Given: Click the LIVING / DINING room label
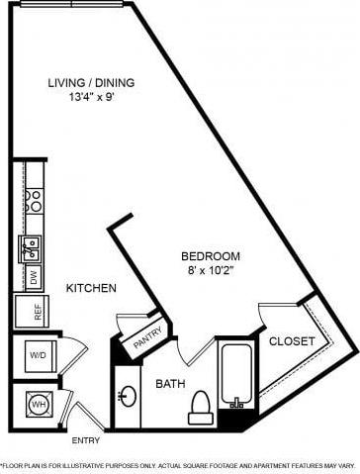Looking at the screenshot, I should click(91, 82).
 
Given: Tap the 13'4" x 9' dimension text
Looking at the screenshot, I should click(91, 97).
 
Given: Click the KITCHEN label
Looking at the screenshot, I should click(91, 288).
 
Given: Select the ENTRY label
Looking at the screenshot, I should click(85, 441).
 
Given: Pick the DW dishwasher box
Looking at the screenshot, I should click(33, 278).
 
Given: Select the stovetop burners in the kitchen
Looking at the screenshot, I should click(34, 201).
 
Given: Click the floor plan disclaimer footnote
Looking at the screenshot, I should click(180, 463).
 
